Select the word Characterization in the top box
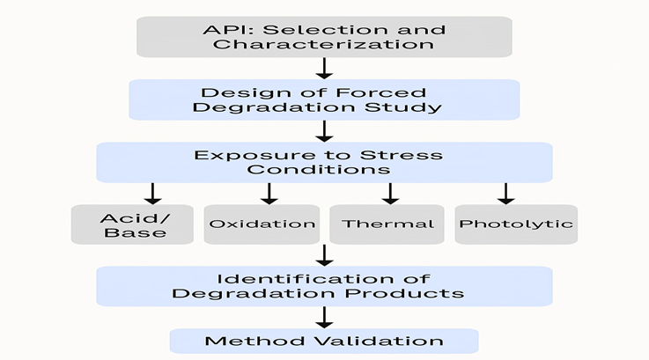[323, 44]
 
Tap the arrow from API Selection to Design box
[324, 68]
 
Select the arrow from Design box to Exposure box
[324, 131]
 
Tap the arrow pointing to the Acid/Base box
[152, 193]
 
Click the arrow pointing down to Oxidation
[269, 193]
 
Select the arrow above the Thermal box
[389, 193]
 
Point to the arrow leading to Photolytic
[505, 193]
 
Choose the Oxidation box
[262, 224]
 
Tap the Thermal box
[388, 224]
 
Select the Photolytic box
[516, 224]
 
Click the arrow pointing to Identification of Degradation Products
[324, 255]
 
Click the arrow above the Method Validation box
[324, 317]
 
